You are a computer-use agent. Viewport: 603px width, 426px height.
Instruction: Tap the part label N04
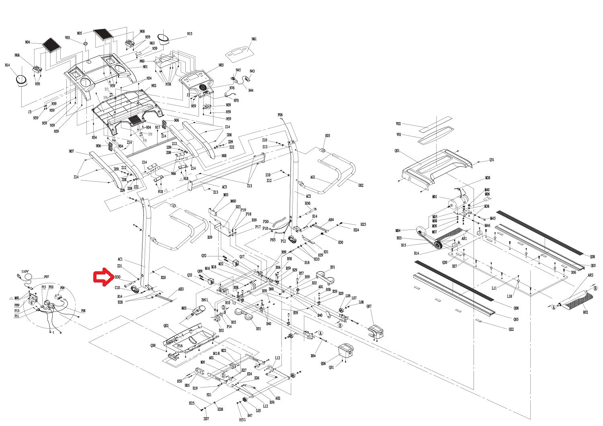click(x=27, y=42)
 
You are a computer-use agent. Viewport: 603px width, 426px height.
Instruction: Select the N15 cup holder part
click(x=163, y=38)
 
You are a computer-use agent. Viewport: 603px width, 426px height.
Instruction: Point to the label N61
click(x=254, y=39)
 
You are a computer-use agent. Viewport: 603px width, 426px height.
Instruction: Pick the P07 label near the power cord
click(x=46, y=276)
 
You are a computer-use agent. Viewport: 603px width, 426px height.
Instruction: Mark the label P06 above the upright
click(x=280, y=115)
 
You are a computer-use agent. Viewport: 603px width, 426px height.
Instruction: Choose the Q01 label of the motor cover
click(x=397, y=151)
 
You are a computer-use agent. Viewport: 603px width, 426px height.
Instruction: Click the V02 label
click(x=398, y=124)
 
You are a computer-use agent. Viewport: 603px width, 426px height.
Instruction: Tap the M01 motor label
click(x=435, y=197)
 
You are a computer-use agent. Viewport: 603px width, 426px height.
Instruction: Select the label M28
click(x=488, y=178)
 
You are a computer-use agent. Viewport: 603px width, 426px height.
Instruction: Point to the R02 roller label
click(x=585, y=312)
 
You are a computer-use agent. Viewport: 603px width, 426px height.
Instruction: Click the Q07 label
click(x=369, y=306)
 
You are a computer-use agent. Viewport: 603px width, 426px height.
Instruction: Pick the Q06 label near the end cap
click(x=323, y=363)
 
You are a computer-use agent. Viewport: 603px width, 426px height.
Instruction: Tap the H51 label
click(x=242, y=420)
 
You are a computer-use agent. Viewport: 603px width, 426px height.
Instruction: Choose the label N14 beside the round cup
click(x=7, y=65)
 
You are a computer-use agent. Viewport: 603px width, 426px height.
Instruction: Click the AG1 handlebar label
click(x=313, y=177)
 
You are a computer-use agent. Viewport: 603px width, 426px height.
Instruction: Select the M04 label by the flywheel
click(x=398, y=231)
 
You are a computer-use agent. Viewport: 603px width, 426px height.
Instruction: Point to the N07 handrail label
click(x=72, y=152)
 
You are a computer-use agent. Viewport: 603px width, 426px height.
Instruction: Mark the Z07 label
click(x=206, y=419)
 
